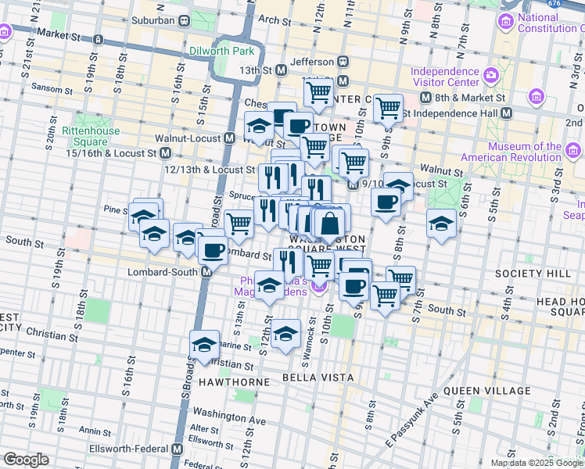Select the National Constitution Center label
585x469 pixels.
pos(548,23)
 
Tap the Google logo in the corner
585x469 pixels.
pos(26,460)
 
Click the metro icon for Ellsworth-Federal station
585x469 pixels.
pos(178,449)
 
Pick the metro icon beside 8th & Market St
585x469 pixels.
pos(425,98)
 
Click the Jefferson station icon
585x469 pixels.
pos(343,61)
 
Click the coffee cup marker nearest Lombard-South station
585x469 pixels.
pos(213,251)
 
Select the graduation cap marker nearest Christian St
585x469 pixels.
pos(205,344)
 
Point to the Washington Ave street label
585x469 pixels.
pos(229,421)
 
